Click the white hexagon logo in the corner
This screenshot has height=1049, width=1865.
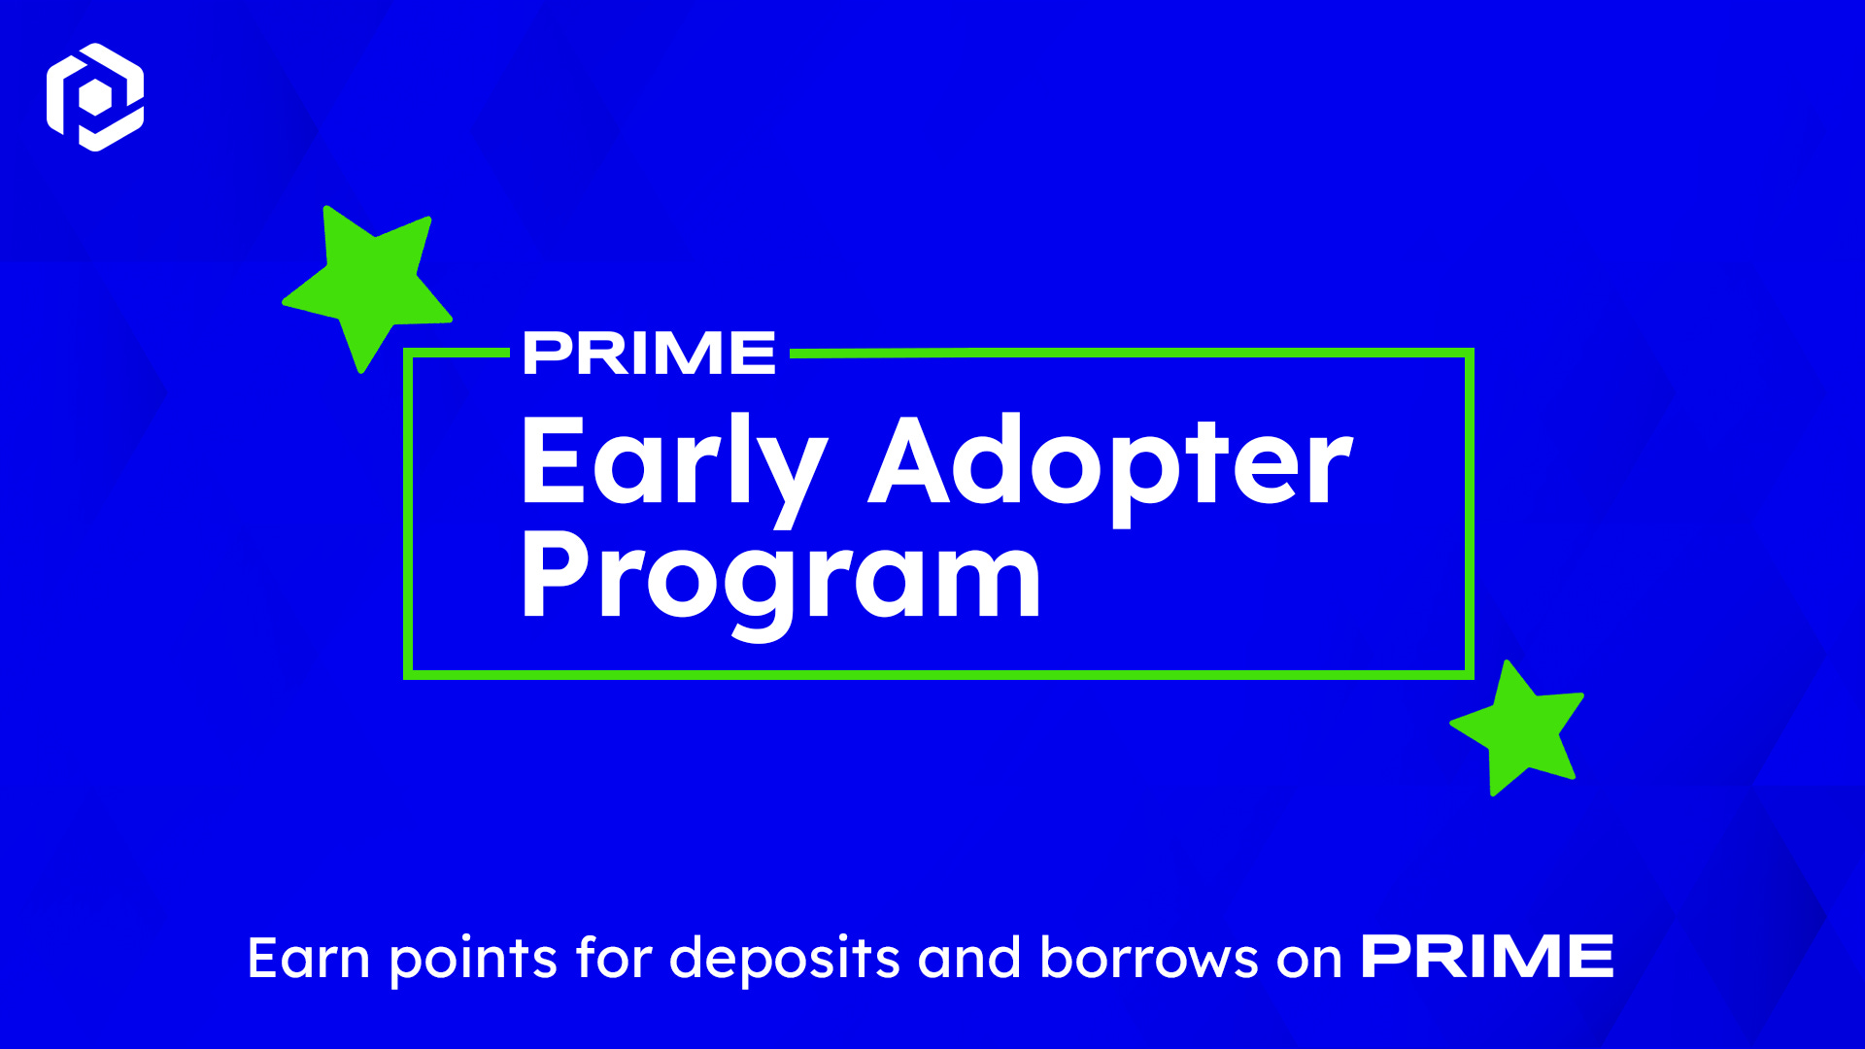[x=95, y=97]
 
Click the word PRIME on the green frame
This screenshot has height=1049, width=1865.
[x=649, y=354]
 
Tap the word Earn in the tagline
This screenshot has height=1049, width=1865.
[x=309, y=959]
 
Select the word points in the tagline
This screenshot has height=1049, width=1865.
[x=473, y=959]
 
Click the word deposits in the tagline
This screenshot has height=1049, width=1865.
[x=785, y=959]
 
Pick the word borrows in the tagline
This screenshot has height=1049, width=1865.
[x=1148, y=959]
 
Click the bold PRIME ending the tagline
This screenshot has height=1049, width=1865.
[x=1487, y=957]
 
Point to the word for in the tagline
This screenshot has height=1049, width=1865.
[x=613, y=959]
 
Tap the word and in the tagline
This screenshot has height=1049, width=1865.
[x=969, y=959]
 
